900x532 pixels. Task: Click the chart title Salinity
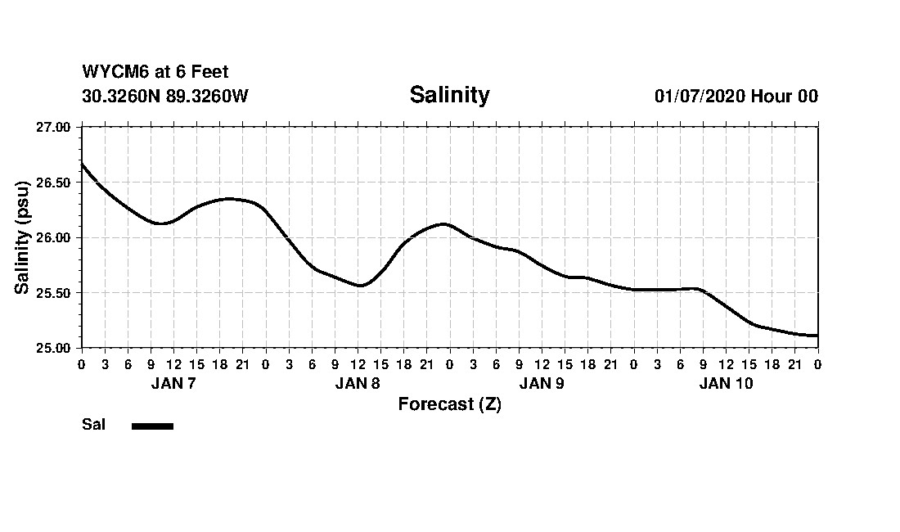[x=449, y=95]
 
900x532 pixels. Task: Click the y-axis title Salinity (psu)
[x=22, y=237]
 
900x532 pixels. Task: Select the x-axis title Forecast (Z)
[x=449, y=404]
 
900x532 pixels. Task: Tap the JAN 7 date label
[x=173, y=383]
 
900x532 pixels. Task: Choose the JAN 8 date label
[x=358, y=383]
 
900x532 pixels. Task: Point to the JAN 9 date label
[x=542, y=383]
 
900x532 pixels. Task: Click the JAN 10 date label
[x=726, y=383]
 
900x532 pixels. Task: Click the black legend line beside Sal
[x=152, y=426]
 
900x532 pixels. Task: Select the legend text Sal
[x=93, y=425]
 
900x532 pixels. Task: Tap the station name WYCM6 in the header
[x=112, y=72]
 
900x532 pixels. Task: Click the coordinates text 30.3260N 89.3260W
[x=164, y=96]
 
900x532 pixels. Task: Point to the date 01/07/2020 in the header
[x=700, y=96]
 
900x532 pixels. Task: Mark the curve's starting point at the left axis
[x=82, y=164]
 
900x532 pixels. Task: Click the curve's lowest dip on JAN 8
[x=360, y=286]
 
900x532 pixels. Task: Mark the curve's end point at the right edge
[x=817, y=336]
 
